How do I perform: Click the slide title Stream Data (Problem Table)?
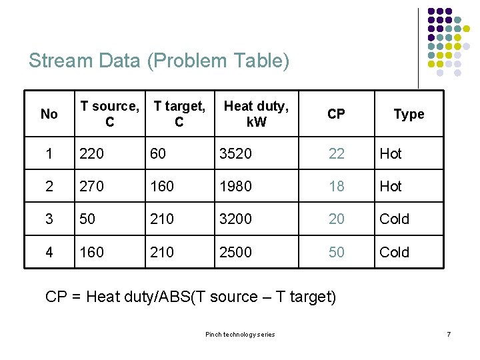[159, 61]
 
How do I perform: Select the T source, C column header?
[109, 114]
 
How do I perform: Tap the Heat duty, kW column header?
[256, 114]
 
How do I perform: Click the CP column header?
[336, 114]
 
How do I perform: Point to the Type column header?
[409, 114]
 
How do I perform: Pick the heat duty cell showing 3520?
[235, 153]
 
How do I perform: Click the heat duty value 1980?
[235, 186]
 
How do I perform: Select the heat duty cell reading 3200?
[235, 219]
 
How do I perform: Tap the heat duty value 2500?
[235, 252]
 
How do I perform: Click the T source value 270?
[92, 186]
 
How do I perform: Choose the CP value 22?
[336, 153]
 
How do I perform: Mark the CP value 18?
[336, 186]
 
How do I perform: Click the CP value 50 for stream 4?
[336, 252]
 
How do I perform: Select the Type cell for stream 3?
[394, 219]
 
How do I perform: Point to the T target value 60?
[158, 153]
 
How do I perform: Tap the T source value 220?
[92, 153]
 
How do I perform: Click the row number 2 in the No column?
[49, 186]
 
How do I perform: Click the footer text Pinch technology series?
[239, 334]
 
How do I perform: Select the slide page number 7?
[449, 333]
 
